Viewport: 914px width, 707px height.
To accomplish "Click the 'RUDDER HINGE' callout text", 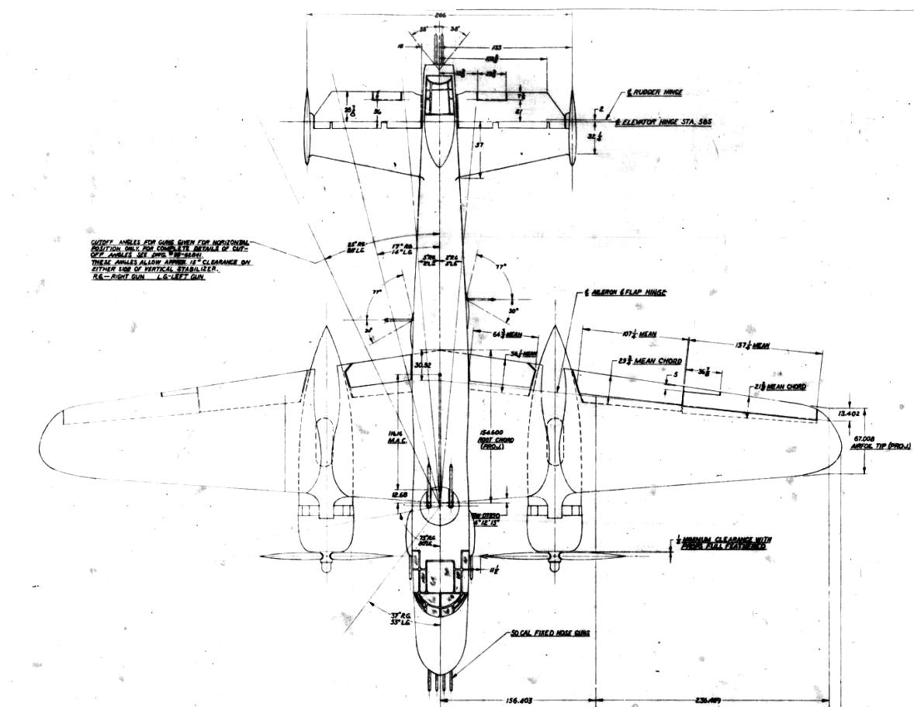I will coord(656,92).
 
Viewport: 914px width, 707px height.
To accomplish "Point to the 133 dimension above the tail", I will coord(497,47).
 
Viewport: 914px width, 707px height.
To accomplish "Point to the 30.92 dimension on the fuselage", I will coord(422,364).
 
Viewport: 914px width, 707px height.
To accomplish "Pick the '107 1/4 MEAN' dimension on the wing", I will coord(642,334).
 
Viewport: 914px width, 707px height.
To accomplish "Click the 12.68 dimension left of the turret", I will coord(400,494).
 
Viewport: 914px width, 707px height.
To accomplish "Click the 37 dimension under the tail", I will coord(480,144).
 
